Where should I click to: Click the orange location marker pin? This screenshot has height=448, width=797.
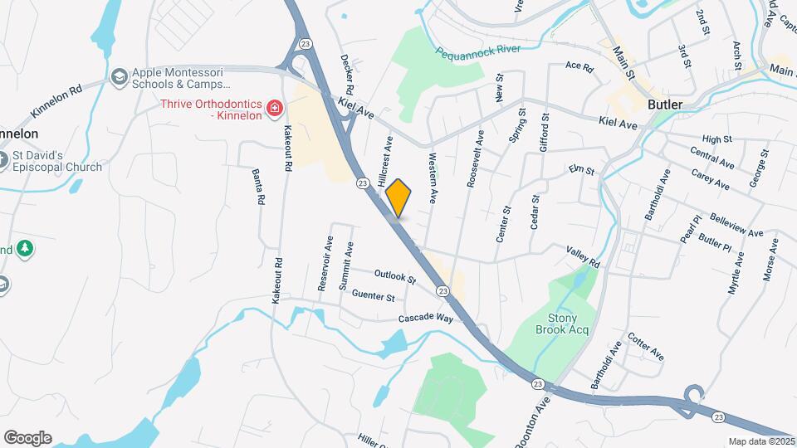click(x=398, y=197)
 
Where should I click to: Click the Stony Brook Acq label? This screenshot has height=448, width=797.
click(x=569, y=324)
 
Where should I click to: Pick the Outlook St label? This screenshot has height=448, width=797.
click(x=394, y=276)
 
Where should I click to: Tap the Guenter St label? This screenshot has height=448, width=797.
click(x=373, y=296)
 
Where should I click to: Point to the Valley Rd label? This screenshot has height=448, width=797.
click(x=583, y=256)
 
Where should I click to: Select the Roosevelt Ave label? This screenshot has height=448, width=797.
click(x=475, y=158)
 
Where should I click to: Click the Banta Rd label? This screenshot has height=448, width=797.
click(x=258, y=187)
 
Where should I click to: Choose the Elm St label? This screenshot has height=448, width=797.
click(x=581, y=171)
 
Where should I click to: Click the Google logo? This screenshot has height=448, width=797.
click(x=27, y=438)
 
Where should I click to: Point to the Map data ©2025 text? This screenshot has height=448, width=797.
click(x=761, y=441)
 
